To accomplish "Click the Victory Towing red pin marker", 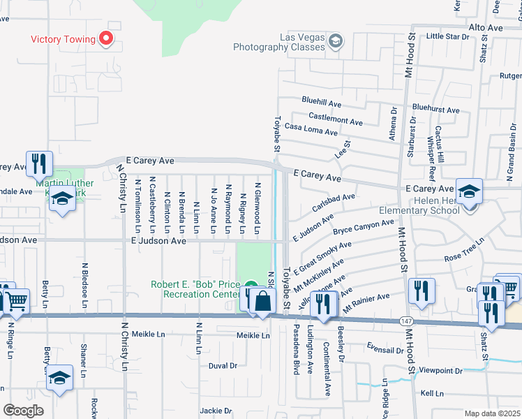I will pyautogui.click(x=107, y=38).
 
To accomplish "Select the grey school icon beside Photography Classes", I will pyautogui.click(x=336, y=41).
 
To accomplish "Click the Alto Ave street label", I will pyautogui.click(x=486, y=27).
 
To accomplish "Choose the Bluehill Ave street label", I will pyautogui.click(x=321, y=103).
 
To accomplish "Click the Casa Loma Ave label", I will pyautogui.click(x=311, y=131).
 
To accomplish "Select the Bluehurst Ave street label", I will pyautogui.click(x=435, y=110).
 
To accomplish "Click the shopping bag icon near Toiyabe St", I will pyautogui.click(x=262, y=302).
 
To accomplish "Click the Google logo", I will pyautogui.click(x=23, y=410).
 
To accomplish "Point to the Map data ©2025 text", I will pyautogui.click(x=492, y=413).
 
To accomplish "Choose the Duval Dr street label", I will pyautogui.click(x=223, y=365).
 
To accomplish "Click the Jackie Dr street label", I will pyautogui.click(x=215, y=410).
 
